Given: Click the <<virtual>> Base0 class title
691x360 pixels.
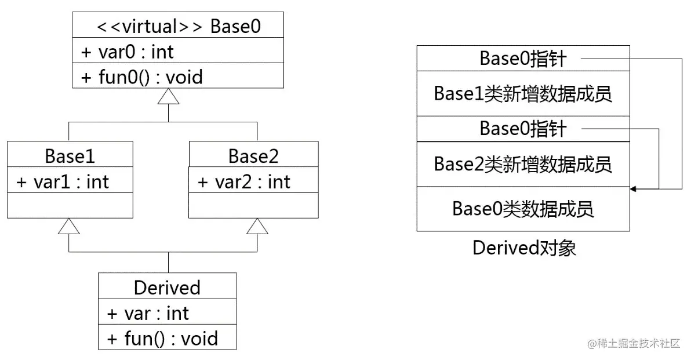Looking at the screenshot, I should point(178,27).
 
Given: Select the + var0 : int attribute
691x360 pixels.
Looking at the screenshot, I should point(127,52).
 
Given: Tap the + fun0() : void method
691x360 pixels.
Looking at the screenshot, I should point(142,77).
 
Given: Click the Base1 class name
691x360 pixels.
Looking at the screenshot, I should point(70,156).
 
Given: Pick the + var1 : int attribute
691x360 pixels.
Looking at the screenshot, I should point(63,182).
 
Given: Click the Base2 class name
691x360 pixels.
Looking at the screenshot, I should point(253,156).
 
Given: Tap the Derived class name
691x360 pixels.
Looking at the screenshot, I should point(167,288).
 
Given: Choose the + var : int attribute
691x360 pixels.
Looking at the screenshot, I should point(148,314).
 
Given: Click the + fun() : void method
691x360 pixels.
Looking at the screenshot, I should point(162,339).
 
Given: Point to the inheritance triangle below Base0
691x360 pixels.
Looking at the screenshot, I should point(168,96).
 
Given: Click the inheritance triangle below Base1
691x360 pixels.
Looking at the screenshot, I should point(69,226).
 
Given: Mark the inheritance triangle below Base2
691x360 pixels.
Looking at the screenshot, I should point(257,226).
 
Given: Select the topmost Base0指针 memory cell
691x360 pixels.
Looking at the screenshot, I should point(523,59).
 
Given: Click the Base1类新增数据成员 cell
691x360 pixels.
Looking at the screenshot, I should point(523,93).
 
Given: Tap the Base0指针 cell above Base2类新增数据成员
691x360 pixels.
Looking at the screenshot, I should point(523,129).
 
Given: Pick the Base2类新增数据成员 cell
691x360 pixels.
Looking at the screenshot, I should point(523,164).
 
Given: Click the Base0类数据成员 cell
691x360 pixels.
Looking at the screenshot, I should point(523,209).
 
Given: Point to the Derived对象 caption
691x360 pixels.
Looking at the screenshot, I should point(524,248).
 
